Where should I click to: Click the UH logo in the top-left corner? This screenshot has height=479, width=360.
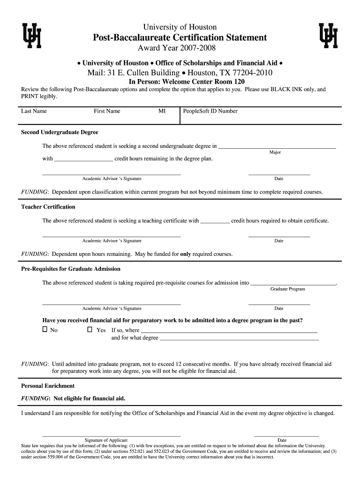tap(32, 36)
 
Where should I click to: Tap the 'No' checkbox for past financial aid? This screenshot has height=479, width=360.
tap(45, 330)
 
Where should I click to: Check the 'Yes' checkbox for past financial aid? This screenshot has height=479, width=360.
tap(90, 330)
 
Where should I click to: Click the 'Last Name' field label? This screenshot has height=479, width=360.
tap(34, 111)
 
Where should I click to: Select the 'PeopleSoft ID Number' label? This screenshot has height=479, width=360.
tap(210, 111)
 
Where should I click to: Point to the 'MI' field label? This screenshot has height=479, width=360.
tap(162, 111)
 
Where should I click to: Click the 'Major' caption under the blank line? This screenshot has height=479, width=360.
tap(275, 152)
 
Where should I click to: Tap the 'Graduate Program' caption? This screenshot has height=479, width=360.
tap(288, 289)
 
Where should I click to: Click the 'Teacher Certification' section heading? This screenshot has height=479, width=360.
tap(48, 207)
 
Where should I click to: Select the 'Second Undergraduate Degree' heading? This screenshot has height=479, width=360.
tap(59, 132)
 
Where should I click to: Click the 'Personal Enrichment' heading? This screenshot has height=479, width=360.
tap(48, 386)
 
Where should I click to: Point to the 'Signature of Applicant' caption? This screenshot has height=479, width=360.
tap(106, 440)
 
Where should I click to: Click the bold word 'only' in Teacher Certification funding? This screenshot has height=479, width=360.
tap(186, 254)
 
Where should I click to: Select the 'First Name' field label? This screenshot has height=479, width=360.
tap(107, 111)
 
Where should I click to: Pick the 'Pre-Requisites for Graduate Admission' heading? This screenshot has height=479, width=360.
tap(71, 269)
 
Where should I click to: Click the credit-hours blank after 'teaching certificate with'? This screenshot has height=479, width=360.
tap(215, 222)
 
